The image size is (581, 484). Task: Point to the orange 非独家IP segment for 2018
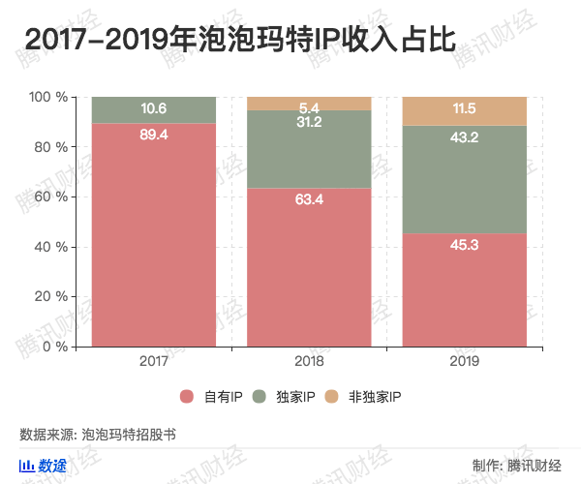click(x=309, y=104)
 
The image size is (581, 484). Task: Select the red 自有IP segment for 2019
click(x=464, y=290)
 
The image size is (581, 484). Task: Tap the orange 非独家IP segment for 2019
click(x=464, y=111)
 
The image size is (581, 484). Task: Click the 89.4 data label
click(x=154, y=135)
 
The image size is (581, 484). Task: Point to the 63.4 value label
click(x=309, y=200)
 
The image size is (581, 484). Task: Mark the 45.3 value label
click(x=464, y=245)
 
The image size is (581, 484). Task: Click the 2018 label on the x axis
click(x=309, y=360)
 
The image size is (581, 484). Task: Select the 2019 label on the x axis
click(x=464, y=360)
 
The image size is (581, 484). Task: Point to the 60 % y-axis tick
click(x=49, y=197)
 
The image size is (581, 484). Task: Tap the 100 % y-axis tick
click(x=47, y=97)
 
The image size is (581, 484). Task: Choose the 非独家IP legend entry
click(x=364, y=397)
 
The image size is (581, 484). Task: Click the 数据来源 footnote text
click(x=97, y=435)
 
